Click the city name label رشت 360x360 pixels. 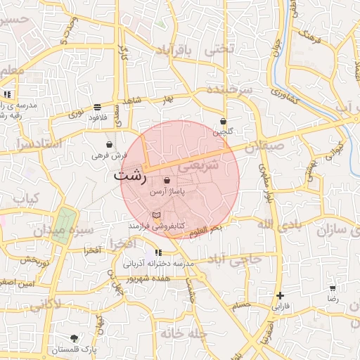click(130, 175)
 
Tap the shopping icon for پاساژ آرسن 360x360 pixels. click(166, 181)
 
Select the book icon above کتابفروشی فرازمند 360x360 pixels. click(157, 214)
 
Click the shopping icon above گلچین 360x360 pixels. click(223, 121)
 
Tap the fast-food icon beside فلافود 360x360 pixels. click(96, 108)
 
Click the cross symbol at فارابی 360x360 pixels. click(281, 296)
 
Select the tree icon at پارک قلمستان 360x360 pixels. click(75, 338)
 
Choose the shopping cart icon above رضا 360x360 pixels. click(332, 288)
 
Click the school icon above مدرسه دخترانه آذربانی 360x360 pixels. click(158, 252)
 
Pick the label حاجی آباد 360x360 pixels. click(237, 259)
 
